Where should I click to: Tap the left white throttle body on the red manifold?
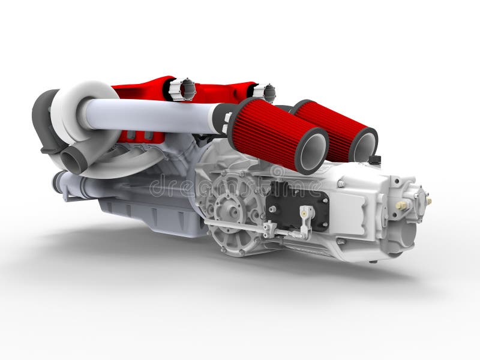click(181, 89)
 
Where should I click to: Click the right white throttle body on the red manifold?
click(264, 92)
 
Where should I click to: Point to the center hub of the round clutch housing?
click(230, 207)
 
